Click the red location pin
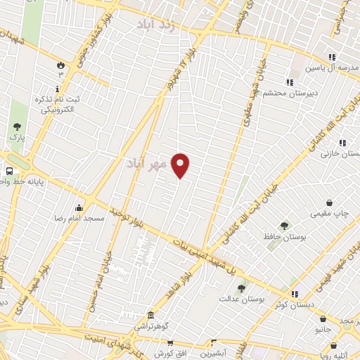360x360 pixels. (x=181, y=165)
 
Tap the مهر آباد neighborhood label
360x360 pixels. (x=147, y=164)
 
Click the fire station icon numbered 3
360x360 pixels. (x=60, y=65)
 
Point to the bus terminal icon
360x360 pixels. (x=10, y=171)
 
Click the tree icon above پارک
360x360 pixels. (x=17, y=127)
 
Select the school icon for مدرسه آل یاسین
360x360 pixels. (x=332, y=58)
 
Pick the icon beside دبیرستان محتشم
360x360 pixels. (x=289, y=82)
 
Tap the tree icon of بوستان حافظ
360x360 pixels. (x=284, y=226)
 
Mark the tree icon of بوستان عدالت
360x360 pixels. (x=242, y=288)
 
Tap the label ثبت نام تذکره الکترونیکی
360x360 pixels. (x=59, y=105)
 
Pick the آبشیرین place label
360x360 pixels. (x=210, y=354)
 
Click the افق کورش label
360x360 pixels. (x=169, y=352)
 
